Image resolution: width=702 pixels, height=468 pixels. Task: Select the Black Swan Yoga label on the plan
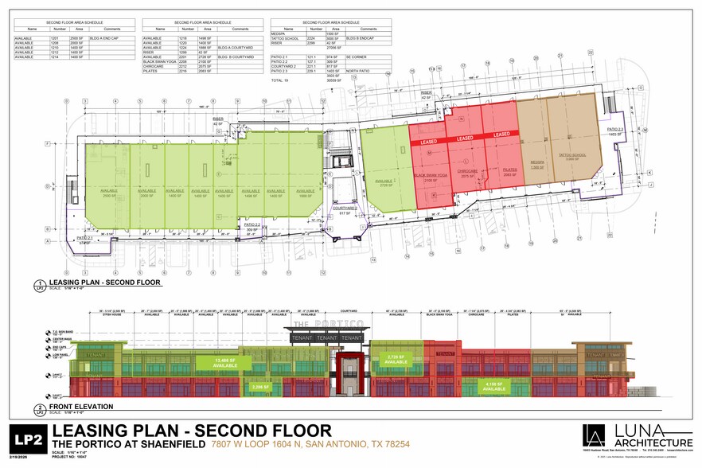428,178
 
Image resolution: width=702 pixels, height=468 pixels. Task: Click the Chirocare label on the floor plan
467,173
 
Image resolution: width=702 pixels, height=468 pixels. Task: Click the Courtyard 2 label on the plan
345,211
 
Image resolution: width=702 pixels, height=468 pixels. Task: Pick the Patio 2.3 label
615,131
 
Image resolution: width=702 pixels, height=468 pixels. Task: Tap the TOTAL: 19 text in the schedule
279,80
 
